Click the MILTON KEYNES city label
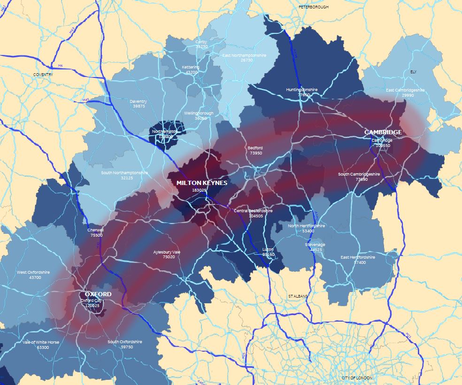(202, 183)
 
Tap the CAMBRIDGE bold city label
(383, 132)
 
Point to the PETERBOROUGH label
(314, 7)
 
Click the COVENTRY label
(43, 75)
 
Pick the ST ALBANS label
(299, 297)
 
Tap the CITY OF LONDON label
(357, 378)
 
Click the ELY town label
(413, 72)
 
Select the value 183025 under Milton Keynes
(199, 190)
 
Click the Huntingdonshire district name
(302, 90)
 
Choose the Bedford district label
(255, 148)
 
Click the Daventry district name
(139, 101)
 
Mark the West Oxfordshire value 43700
(35, 277)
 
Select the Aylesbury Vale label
(167, 252)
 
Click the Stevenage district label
(315, 245)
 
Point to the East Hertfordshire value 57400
(360, 262)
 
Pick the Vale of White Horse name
(41, 342)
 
